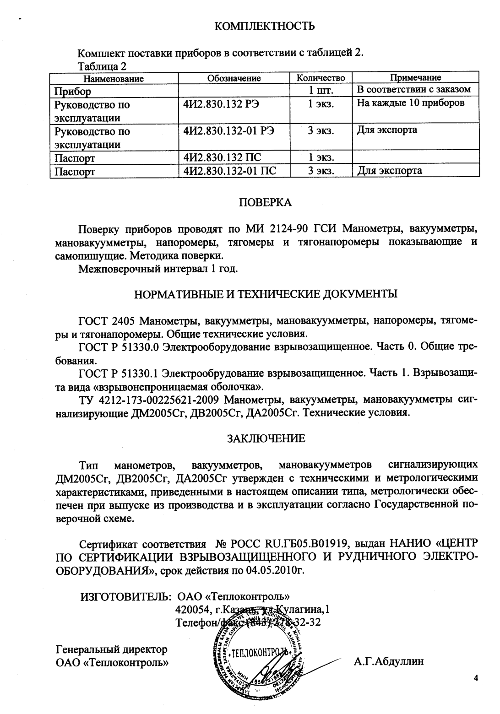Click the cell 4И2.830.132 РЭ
click(x=221, y=104)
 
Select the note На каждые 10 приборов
click(x=411, y=103)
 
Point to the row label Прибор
click(x=72, y=92)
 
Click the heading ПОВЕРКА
click(x=265, y=202)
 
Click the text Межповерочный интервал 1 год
click(x=158, y=268)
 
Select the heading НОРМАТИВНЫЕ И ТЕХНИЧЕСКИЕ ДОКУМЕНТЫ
click(x=265, y=293)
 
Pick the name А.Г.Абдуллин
click(x=389, y=661)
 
